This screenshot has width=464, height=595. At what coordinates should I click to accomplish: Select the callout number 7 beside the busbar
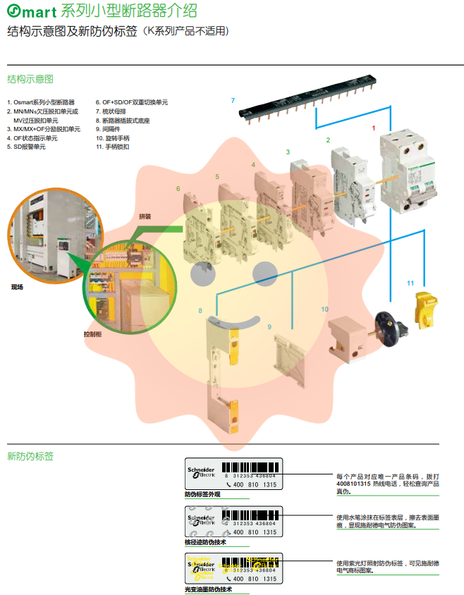(x=233, y=101)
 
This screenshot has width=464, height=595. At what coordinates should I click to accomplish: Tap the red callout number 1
(x=374, y=128)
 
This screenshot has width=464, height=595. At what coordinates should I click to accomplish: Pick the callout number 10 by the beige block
(x=324, y=309)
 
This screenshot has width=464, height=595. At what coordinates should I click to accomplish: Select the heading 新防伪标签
(x=30, y=456)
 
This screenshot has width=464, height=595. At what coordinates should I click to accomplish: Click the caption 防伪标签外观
(x=203, y=495)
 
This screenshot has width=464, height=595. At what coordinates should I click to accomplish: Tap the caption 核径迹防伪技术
(x=205, y=542)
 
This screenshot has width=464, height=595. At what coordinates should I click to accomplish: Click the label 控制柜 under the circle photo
(x=92, y=334)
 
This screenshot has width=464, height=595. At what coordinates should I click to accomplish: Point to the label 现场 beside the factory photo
(x=17, y=287)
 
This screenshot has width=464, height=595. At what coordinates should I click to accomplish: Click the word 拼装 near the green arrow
(x=145, y=216)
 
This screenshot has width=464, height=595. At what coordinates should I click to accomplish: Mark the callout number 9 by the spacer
(x=269, y=327)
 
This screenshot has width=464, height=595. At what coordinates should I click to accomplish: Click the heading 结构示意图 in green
(x=30, y=79)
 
